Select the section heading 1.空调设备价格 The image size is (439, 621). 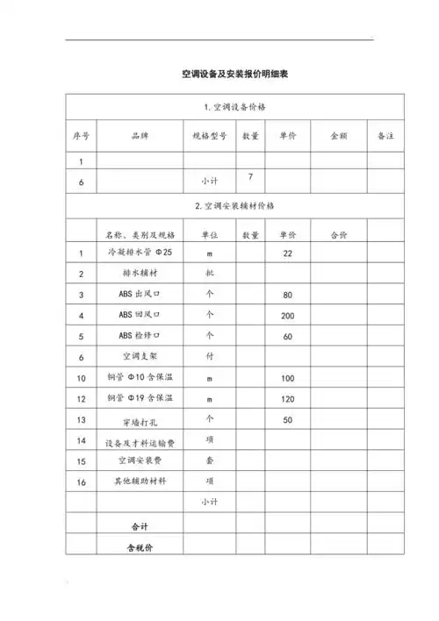click(x=234, y=107)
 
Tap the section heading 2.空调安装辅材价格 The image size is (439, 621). click(x=234, y=206)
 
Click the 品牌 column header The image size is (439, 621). click(x=140, y=136)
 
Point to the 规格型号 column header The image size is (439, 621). click(x=209, y=136)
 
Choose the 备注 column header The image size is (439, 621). click(x=385, y=136)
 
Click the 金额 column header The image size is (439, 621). click(x=338, y=136)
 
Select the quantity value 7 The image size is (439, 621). click(x=250, y=176)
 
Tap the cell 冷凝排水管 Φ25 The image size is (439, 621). click(x=140, y=253)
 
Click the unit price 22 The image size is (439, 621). click(x=287, y=253)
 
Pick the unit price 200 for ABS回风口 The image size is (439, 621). click(x=287, y=315)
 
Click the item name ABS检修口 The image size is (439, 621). click(x=140, y=336)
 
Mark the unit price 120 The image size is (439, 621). click(x=287, y=398)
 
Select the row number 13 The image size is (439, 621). click(x=81, y=419)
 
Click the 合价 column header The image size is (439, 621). click(x=338, y=235)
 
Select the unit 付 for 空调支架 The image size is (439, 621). click(x=209, y=357)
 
